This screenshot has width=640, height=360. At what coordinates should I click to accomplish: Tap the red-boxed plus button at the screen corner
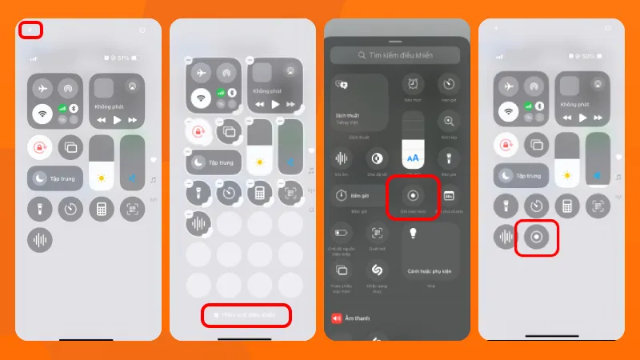tap(30, 30)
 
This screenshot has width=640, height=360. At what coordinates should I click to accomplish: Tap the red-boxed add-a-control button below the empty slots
tap(245, 315)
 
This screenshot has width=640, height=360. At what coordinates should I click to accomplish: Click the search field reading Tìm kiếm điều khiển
tap(396, 55)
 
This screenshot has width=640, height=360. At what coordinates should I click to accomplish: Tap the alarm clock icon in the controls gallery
tap(413, 83)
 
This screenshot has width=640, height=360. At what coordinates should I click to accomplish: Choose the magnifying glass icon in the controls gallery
tap(449, 122)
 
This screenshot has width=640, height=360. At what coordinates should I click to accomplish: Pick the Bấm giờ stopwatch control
tap(358, 196)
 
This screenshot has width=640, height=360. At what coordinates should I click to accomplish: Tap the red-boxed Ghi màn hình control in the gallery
tap(413, 196)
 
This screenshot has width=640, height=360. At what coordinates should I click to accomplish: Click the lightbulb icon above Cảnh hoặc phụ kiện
tap(414, 234)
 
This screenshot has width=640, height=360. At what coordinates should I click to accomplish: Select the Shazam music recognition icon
tap(377, 270)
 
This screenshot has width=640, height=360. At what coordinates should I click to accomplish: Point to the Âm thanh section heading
tap(362, 318)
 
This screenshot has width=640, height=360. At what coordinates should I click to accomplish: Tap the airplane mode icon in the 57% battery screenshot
tap(42, 88)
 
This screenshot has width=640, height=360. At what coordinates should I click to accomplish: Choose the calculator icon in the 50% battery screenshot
tap(566, 206)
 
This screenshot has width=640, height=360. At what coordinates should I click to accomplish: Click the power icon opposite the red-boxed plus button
tap(142, 30)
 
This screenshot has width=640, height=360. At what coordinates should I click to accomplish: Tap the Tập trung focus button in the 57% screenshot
tap(55, 178)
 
